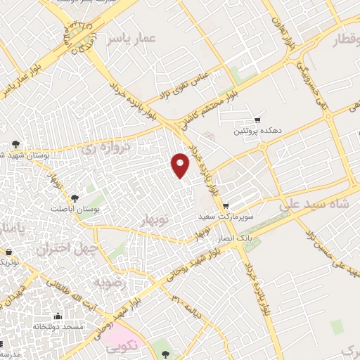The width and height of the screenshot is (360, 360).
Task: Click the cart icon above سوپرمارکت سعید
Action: [225, 206]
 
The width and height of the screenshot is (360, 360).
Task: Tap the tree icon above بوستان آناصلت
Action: [75, 198]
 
